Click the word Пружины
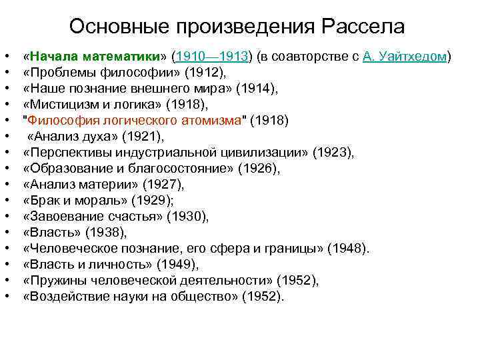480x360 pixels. coord(55,281)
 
